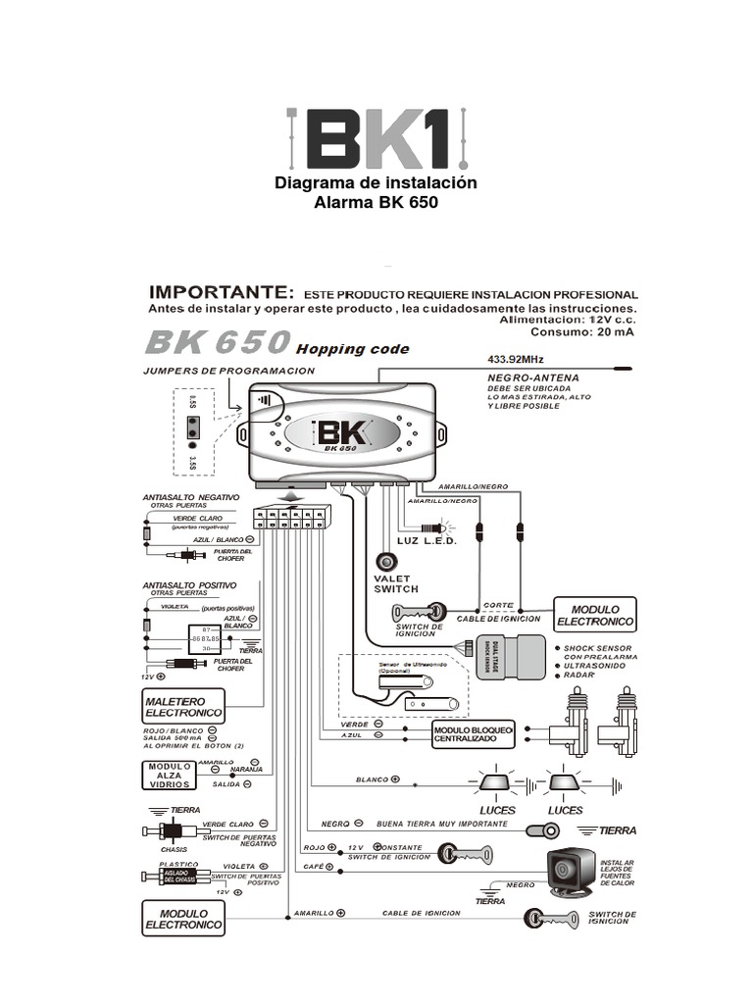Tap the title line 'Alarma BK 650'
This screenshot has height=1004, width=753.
click(x=376, y=204)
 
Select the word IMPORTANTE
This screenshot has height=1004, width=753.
click(x=220, y=292)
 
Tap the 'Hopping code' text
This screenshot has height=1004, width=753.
click(x=353, y=349)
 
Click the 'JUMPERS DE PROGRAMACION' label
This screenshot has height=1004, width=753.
click(x=228, y=371)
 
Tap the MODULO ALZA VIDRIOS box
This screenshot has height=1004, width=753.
click(x=169, y=775)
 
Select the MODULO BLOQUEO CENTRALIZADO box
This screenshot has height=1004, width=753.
click(x=473, y=733)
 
